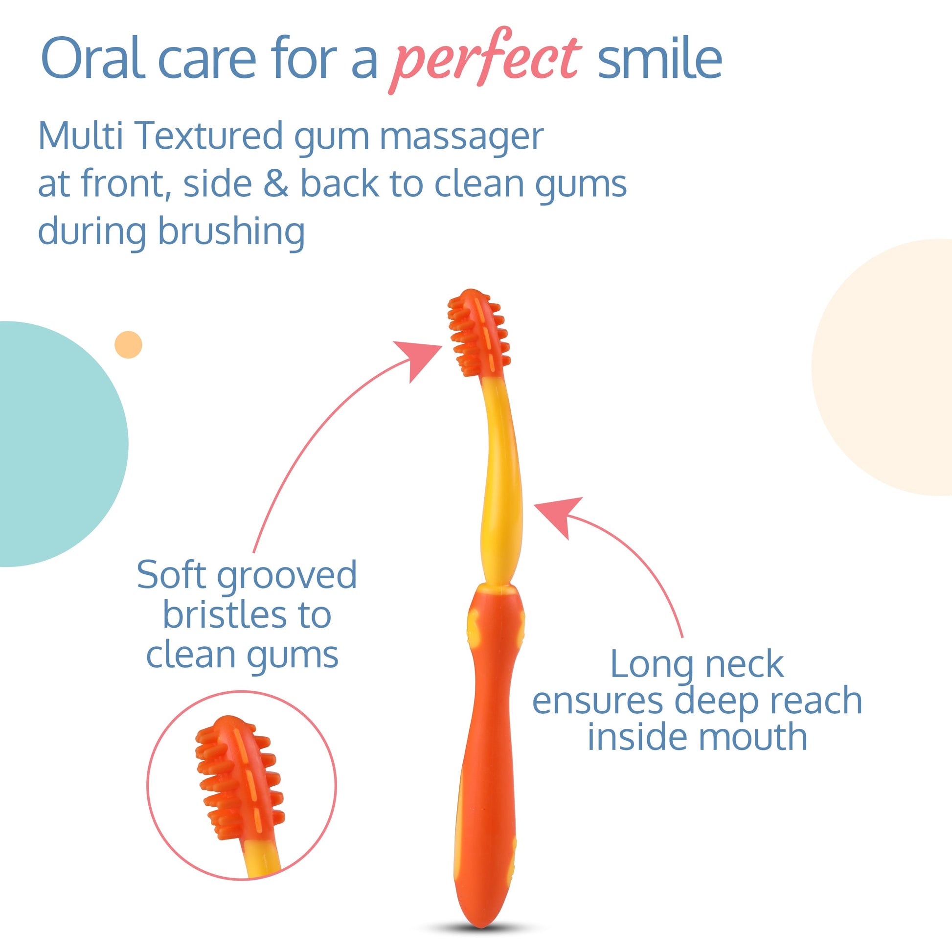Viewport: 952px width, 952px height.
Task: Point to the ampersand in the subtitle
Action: point(276,183)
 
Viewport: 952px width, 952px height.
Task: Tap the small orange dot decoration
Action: point(128,344)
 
